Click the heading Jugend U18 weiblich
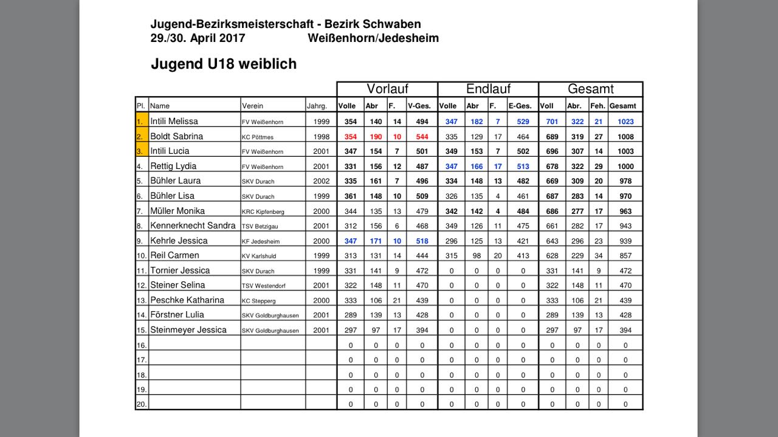pyautogui.click(x=223, y=64)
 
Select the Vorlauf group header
pyautogui.click(x=387, y=89)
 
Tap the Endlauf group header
pyautogui.click(x=488, y=89)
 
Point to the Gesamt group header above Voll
pyautogui.click(x=590, y=89)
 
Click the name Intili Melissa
pyautogui.click(x=174, y=122)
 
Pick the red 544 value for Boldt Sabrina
pyautogui.click(x=422, y=137)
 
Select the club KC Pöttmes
pyautogui.click(x=258, y=137)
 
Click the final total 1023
pyautogui.click(x=625, y=122)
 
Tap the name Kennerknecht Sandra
pyautogui.click(x=193, y=225)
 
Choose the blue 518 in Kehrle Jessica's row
pyautogui.click(x=422, y=241)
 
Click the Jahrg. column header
pyautogui.click(x=320, y=106)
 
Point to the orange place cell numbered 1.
pyautogui.click(x=141, y=122)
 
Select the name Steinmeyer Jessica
pyautogui.click(x=188, y=330)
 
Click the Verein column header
pyautogui.click(x=253, y=106)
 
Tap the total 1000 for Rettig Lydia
pyautogui.click(x=625, y=167)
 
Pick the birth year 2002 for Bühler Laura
pyautogui.click(x=322, y=181)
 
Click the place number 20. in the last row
pyautogui.click(x=141, y=404)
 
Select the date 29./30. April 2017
pyautogui.click(x=198, y=38)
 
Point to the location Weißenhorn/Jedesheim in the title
pyautogui.click(x=373, y=38)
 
